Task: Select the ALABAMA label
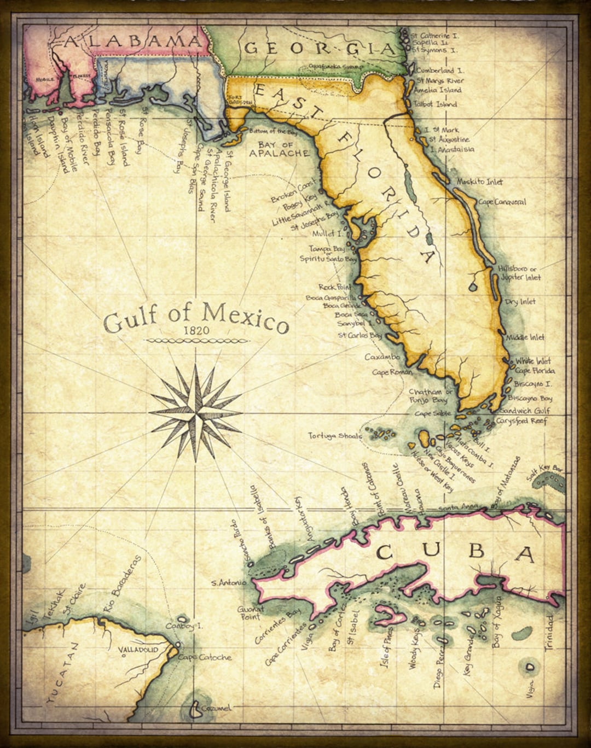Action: (132, 41)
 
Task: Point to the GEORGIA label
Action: (320, 48)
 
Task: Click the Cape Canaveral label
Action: (502, 202)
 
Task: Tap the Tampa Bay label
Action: (327, 249)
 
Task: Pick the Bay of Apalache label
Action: (279, 149)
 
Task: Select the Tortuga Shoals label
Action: (335, 436)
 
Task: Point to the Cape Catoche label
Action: (205, 657)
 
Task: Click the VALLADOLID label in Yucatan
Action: (138, 650)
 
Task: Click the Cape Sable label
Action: (433, 414)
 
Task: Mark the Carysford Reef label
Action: (521, 421)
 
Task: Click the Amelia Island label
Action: (437, 90)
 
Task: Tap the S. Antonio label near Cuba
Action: (229, 583)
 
